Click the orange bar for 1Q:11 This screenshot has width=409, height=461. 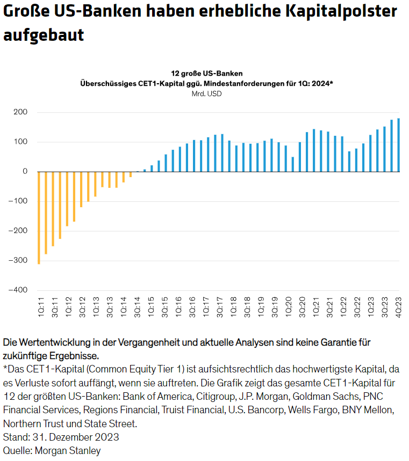point(39,217)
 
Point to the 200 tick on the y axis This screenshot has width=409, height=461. point(21,112)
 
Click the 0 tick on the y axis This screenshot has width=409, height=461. point(25,172)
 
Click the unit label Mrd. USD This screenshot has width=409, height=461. point(206,93)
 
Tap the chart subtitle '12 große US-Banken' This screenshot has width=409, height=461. point(206,73)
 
